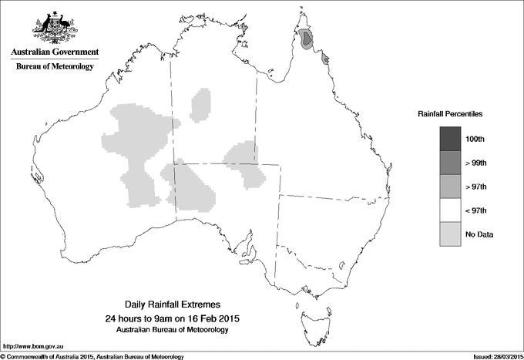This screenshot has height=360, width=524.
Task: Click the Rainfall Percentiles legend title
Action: point(450,114)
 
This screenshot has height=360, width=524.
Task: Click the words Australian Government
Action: point(55,52)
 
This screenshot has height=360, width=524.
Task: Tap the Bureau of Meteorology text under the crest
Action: point(55,67)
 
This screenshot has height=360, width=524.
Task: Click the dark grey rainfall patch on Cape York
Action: point(307,39)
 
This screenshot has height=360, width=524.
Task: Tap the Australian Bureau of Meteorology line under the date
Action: point(171,330)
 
